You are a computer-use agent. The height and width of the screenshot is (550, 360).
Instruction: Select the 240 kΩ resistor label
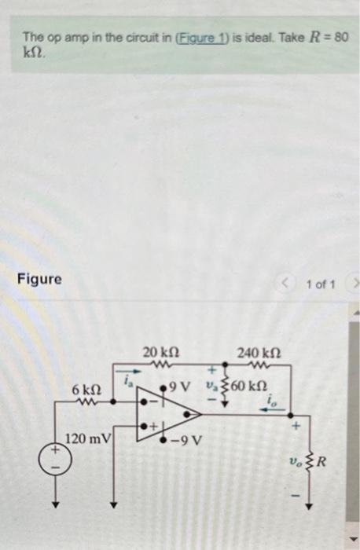pyautogui.click(x=257, y=353)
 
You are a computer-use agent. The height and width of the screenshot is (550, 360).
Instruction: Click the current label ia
pyautogui.click(x=126, y=381)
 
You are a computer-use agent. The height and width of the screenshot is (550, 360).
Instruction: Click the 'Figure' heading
pyautogui.click(x=40, y=279)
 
